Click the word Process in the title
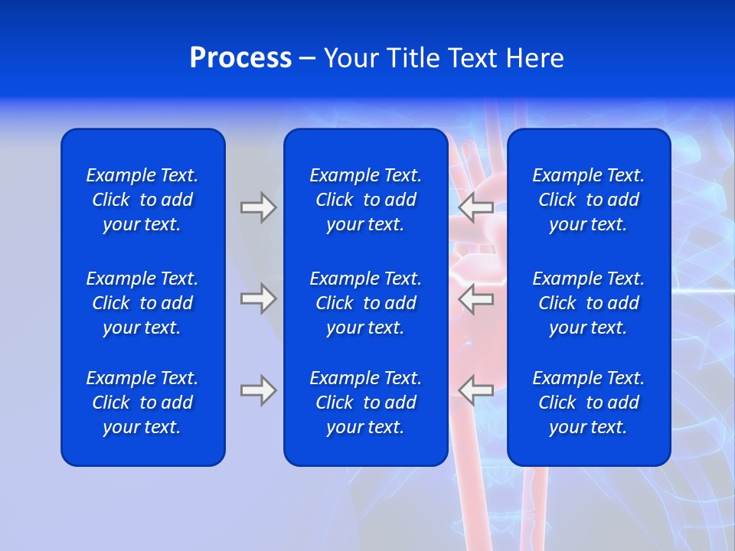[240, 58]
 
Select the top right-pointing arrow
[258, 207]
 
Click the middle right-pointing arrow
[258, 298]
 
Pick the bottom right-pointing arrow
[258, 390]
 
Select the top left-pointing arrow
[476, 207]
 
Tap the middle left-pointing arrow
[476, 298]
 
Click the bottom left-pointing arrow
[476, 390]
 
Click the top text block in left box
[142, 200]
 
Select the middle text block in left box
[142, 303]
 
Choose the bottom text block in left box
[142, 403]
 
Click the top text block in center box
[365, 200]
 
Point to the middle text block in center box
[365, 303]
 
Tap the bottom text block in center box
[365, 403]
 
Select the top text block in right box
[588, 200]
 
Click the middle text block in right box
[588, 303]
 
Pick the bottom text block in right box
[588, 403]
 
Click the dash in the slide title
[307, 59]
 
